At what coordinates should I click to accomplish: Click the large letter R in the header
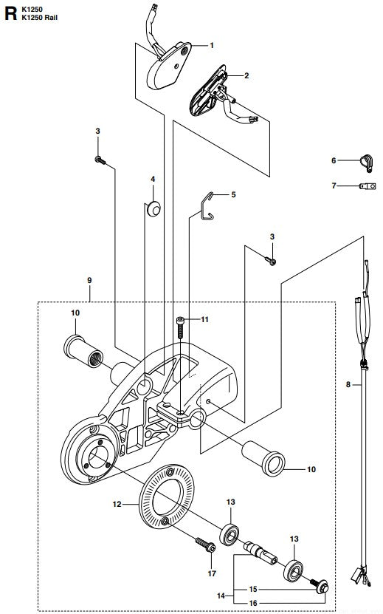(x=11, y=12)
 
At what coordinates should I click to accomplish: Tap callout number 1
(x=211, y=46)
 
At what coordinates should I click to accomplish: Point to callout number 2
(x=246, y=75)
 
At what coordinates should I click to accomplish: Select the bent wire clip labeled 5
(x=210, y=205)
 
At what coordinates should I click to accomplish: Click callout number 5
(x=233, y=195)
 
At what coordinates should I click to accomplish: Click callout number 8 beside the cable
(x=349, y=385)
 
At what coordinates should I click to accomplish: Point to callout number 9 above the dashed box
(x=89, y=281)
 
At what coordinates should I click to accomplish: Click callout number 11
(x=206, y=319)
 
